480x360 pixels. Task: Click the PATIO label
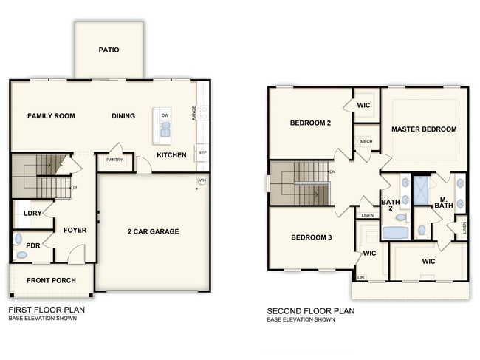coord(109,50)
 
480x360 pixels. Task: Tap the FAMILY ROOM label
coord(52,116)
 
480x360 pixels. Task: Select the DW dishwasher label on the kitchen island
coord(165,116)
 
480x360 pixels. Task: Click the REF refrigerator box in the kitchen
coord(202,153)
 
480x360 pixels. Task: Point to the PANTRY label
coord(114,160)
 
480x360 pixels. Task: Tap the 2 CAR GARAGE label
coord(153,231)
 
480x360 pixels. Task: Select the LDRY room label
coord(32,213)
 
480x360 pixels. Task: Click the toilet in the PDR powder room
coord(21,254)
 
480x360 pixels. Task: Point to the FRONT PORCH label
coord(51,281)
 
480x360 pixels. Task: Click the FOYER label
coord(75,230)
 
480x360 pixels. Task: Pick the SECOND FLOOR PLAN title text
coord(310,311)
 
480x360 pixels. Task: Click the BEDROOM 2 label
coord(310,123)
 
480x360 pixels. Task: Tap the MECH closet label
coord(366,141)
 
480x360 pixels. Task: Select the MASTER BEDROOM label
coord(424,129)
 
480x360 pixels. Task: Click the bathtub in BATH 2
coord(395,233)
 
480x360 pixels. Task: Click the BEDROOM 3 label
coord(310,237)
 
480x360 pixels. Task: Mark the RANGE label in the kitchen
coord(194,113)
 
